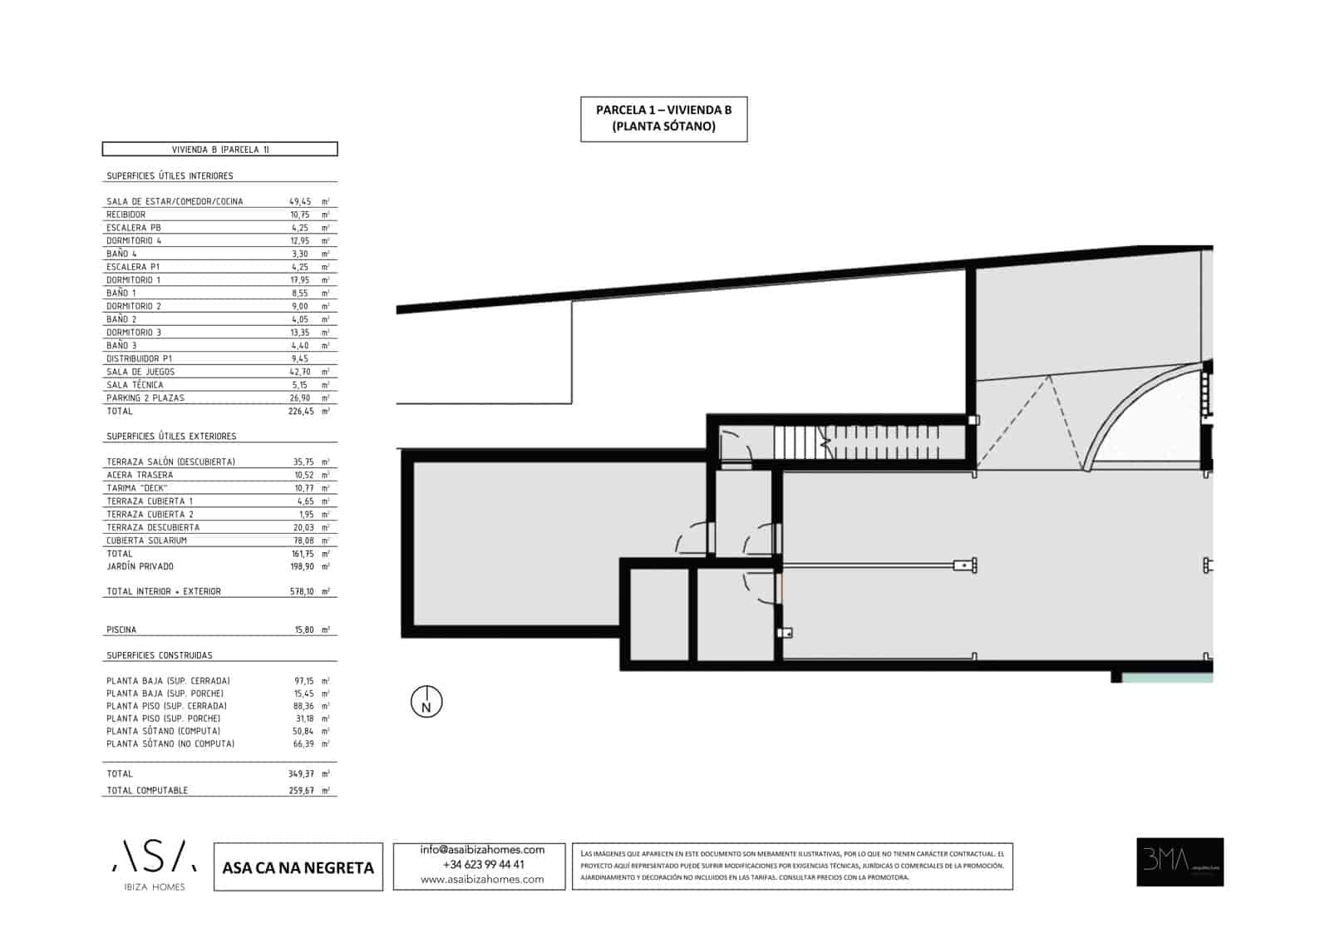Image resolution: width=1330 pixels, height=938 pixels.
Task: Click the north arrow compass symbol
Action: click(x=426, y=703)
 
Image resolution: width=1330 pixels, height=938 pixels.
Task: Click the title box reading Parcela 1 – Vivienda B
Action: click(x=663, y=118)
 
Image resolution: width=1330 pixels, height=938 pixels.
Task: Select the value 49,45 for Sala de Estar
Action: click(x=300, y=201)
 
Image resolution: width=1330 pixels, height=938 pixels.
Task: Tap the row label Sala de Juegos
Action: click(x=140, y=372)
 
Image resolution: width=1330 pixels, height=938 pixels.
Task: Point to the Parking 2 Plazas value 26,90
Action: click(x=300, y=398)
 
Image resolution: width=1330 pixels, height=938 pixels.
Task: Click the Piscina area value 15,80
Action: click(x=303, y=630)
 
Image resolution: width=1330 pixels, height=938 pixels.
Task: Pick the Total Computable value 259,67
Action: click(x=301, y=791)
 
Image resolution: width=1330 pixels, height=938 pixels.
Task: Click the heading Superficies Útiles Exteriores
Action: click(x=171, y=437)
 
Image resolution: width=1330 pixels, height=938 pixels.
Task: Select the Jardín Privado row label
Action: click(x=140, y=566)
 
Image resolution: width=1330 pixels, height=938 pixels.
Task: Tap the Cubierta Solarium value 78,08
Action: click(x=303, y=541)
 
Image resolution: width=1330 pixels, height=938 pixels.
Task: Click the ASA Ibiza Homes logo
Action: click(x=155, y=865)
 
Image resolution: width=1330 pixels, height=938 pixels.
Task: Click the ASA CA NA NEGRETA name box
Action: click(x=298, y=867)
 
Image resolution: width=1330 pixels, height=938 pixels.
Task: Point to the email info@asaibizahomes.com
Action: click(x=482, y=850)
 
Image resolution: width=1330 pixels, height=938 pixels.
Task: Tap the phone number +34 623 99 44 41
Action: click(x=483, y=865)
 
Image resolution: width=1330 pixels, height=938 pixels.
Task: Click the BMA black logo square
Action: click(x=1180, y=861)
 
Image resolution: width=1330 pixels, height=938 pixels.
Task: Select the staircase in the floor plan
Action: click(x=856, y=442)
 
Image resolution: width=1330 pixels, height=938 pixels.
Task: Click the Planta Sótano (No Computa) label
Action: click(x=170, y=744)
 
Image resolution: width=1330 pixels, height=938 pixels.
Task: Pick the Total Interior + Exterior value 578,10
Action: click(x=301, y=592)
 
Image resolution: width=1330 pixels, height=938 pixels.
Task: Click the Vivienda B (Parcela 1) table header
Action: click(x=219, y=150)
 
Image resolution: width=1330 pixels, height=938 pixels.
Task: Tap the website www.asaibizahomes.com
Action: click(x=482, y=880)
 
